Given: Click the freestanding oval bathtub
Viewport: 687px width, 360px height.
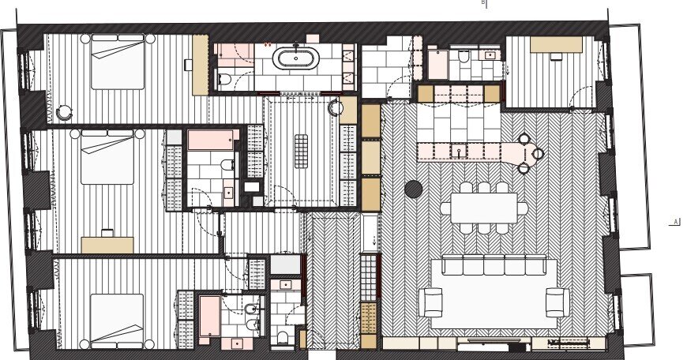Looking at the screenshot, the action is click(296, 58).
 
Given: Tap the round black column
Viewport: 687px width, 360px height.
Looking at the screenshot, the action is click(413, 189).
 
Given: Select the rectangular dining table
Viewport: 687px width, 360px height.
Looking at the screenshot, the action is click(484, 208).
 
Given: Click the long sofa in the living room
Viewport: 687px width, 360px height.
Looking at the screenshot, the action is click(494, 264).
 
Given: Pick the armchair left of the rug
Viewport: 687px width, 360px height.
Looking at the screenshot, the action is click(430, 302).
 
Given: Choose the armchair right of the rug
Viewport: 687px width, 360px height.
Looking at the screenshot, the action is click(557, 302).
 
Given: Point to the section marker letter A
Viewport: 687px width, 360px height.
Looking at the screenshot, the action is click(676, 222).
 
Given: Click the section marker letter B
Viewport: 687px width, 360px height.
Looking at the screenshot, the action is click(482, 2).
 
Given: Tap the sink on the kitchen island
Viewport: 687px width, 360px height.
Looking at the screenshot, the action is click(459, 152).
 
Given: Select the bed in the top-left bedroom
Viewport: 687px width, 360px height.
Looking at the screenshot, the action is click(118, 62).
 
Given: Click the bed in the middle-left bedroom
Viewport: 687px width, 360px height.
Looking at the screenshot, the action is click(107, 157).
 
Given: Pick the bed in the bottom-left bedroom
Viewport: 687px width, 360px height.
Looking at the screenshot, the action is click(117, 321).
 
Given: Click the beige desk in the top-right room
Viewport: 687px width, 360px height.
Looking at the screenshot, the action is click(556, 44).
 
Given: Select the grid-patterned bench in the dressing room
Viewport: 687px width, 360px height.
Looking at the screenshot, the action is click(301, 151).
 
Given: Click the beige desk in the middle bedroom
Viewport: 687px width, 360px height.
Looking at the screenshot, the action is click(107, 246).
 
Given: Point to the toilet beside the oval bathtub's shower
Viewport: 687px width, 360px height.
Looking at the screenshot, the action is click(224, 79).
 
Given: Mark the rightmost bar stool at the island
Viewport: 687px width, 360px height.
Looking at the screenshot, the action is click(538, 153).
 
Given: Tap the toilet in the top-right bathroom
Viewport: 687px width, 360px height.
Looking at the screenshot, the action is click(464, 56).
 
